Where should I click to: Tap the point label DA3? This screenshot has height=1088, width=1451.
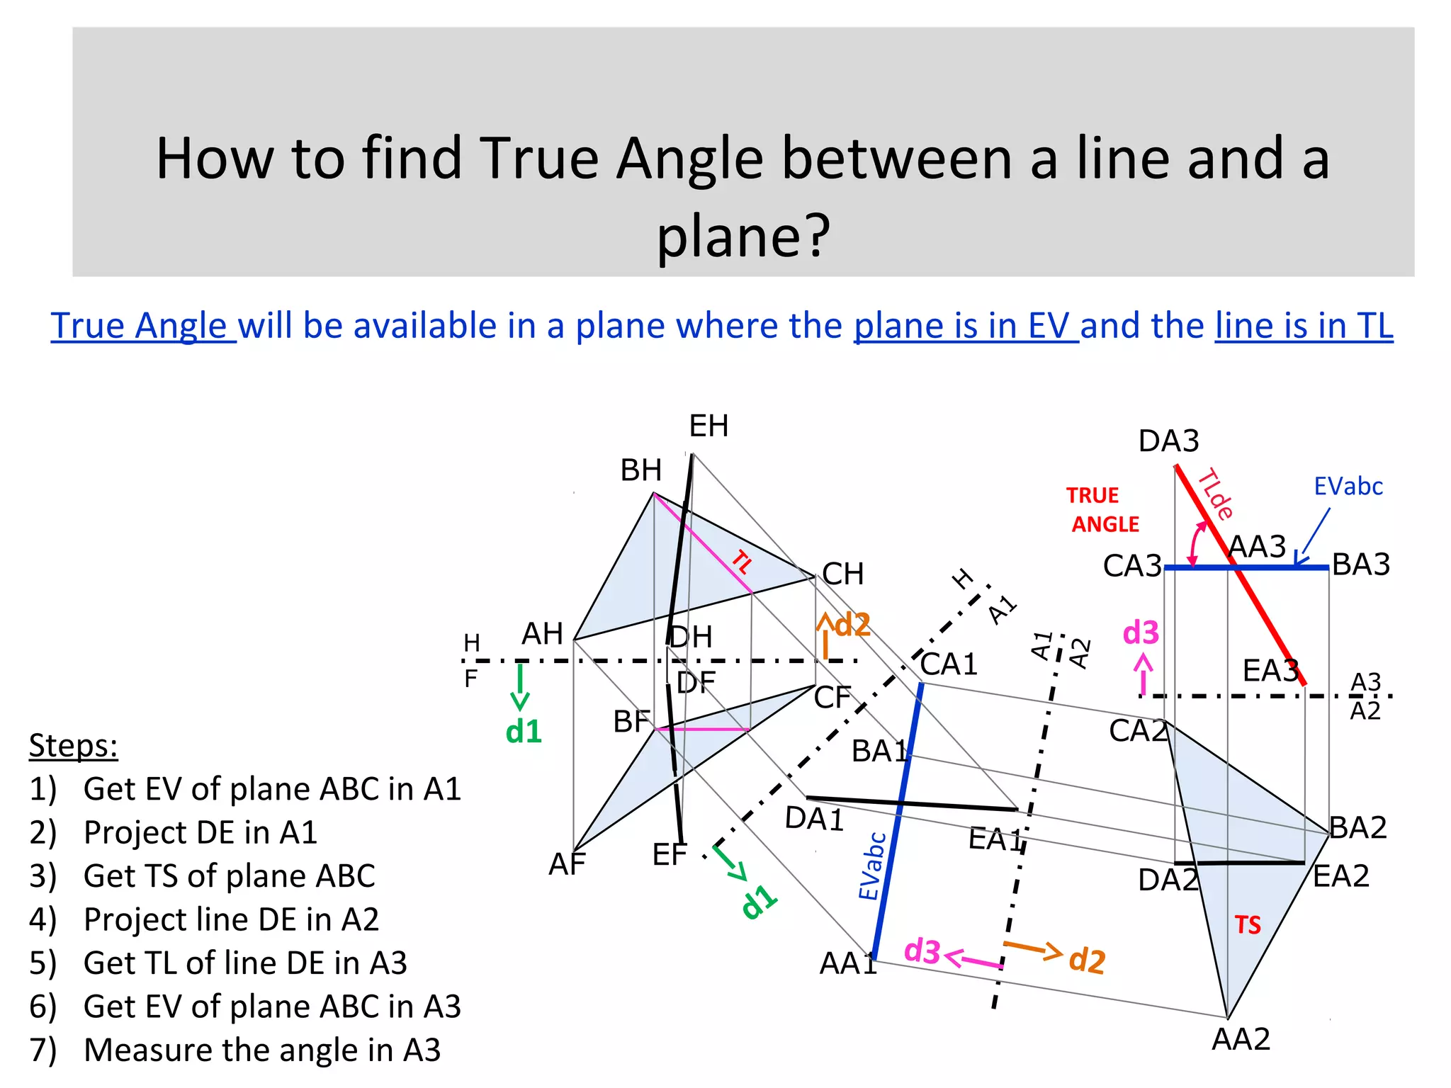[1168, 441]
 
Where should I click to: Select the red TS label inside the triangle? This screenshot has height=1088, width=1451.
[1248, 925]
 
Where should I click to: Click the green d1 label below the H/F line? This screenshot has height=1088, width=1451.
[524, 732]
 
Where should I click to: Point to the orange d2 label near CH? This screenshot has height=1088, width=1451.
[852, 625]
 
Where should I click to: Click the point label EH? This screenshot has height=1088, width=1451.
[708, 426]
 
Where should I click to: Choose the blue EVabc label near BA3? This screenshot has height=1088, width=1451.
[1348, 487]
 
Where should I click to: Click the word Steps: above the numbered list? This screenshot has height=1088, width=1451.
[73, 746]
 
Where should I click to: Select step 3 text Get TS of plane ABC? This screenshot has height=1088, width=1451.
[229, 876]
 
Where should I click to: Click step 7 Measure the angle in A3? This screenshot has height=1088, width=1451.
[261, 1050]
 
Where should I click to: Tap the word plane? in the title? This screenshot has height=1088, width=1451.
[743, 235]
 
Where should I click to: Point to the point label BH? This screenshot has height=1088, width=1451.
[640, 470]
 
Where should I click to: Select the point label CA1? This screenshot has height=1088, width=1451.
[949, 664]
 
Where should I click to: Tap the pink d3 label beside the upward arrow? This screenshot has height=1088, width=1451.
[1141, 633]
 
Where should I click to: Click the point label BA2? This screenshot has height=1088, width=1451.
[1357, 827]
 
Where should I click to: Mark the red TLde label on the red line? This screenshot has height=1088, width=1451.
[1216, 494]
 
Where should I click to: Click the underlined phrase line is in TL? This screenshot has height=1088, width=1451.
[1304, 326]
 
